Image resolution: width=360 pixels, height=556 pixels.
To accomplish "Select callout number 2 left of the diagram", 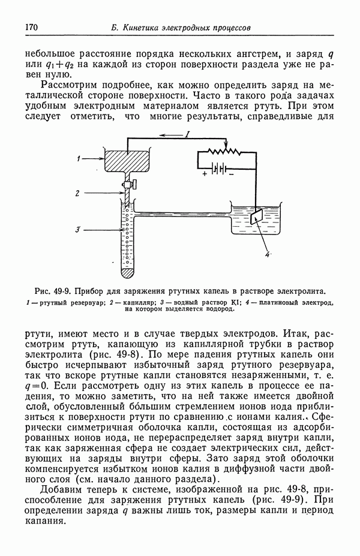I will click(78, 193).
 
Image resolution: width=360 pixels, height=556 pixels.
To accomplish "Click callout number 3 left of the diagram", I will click(78, 230).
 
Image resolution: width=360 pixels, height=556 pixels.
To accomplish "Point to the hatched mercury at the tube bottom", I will click(128, 272).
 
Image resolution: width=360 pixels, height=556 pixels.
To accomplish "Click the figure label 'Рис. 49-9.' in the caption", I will click(53, 291).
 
